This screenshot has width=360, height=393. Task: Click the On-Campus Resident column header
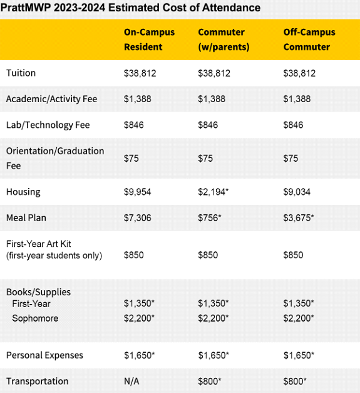point(149,39)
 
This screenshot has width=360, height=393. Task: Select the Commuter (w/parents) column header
point(224,39)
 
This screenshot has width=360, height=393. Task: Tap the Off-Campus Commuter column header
point(309,39)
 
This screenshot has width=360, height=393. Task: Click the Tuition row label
point(21,73)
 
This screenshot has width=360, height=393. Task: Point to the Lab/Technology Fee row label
point(48,125)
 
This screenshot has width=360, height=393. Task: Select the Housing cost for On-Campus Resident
point(138,192)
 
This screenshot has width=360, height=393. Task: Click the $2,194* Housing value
point(213,192)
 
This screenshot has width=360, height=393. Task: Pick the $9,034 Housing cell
point(297,192)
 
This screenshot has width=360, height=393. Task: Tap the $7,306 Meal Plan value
point(138,217)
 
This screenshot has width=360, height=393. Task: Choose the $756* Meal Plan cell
point(210,217)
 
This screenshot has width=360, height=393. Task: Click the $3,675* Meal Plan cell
point(299,217)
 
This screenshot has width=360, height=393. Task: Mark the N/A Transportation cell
point(131,381)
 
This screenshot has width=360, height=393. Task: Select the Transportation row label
point(38,381)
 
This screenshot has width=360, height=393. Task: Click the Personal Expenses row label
point(44,355)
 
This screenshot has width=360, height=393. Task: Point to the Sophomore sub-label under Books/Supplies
point(35,318)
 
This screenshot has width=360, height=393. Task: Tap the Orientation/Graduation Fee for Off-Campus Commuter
point(291,159)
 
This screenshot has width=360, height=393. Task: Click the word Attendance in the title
point(231,8)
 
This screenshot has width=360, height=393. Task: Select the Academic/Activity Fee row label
point(51,99)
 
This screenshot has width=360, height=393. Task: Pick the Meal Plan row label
point(26,217)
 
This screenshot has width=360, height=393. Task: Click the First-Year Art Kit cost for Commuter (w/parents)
point(208,255)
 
